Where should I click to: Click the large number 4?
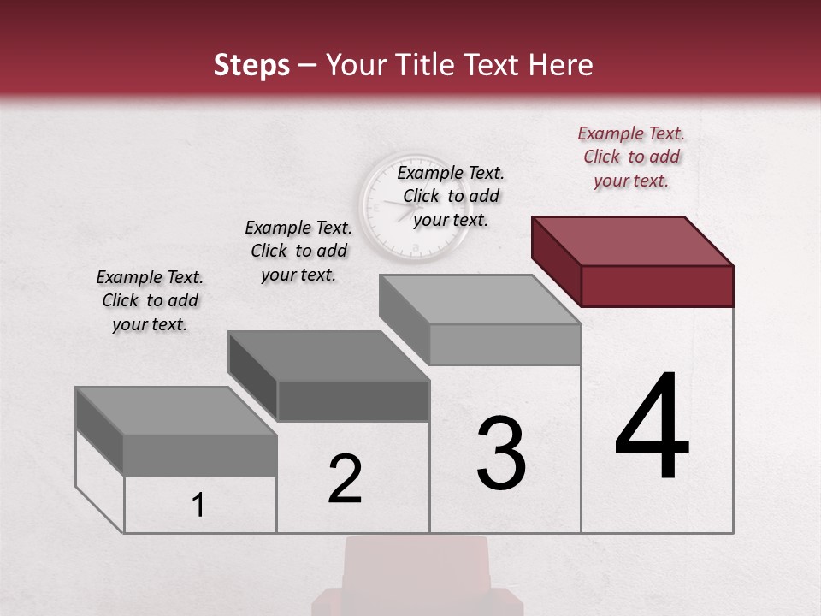pyautogui.click(x=652, y=428)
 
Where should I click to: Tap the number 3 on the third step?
pyautogui.click(x=500, y=453)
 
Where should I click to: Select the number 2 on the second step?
pyautogui.click(x=345, y=479)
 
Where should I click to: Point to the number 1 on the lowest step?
pyautogui.click(x=198, y=506)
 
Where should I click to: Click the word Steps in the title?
pyautogui.click(x=251, y=65)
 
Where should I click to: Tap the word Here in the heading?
pyautogui.click(x=562, y=65)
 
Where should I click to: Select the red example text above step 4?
pyautogui.click(x=631, y=157)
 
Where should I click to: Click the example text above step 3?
pyautogui.click(x=451, y=196)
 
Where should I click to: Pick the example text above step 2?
pyautogui.click(x=298, y=251)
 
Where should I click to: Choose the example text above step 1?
pyautogui.click(x=150, y=300)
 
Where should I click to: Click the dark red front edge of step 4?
pyautogui.click(x=657, y=286)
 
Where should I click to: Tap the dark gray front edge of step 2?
pyautogui.click(x=353, y=400)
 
